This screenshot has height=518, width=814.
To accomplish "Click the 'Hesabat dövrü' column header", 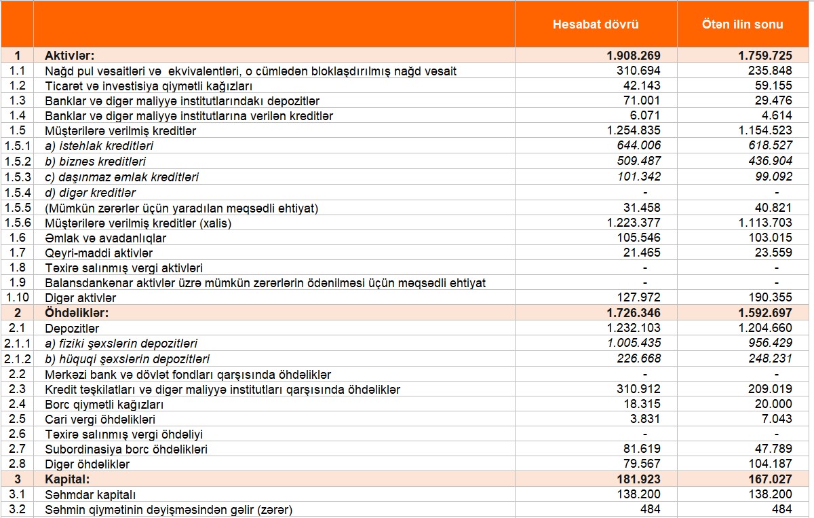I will pos(596,24).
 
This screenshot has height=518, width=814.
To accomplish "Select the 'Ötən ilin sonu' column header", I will pos(742,24).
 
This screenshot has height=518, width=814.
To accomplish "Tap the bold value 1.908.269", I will pos(634,56).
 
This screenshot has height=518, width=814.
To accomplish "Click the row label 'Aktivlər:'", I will pos(69,56).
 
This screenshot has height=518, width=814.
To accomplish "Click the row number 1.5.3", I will pos(17,177).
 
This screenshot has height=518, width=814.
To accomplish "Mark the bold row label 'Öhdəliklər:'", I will pos(77,313).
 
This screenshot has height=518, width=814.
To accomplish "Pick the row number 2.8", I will pos(17,464).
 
